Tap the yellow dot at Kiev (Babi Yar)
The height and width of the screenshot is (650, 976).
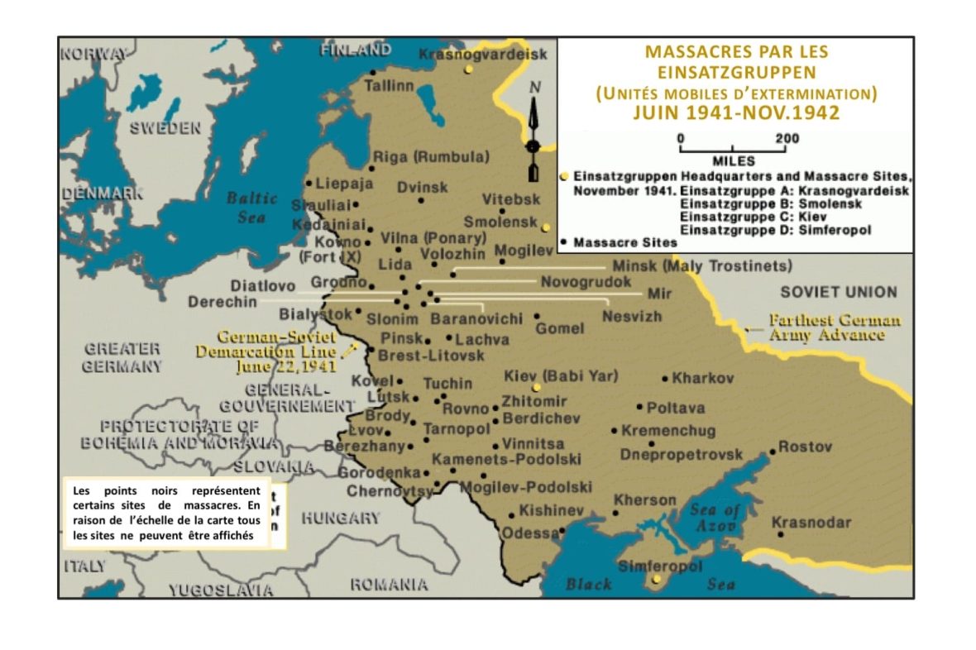[536, 387]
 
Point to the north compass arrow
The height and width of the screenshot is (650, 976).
[533, 132]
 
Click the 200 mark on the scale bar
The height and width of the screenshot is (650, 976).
[786, 138]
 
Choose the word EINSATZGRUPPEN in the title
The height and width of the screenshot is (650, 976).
[736, 72]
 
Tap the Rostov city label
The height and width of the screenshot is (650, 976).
[805, 447]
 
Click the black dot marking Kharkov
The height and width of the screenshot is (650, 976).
[665, 379]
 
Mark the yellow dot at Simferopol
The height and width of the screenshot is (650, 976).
[657, 580]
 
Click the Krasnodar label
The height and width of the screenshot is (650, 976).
[811, 523]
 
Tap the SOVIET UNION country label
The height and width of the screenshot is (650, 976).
[838, 292]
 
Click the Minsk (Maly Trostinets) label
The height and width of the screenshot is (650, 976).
[701, 266]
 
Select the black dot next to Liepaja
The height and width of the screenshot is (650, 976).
[309, 183]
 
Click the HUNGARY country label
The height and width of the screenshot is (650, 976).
[340, 519]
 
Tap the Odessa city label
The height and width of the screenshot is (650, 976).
[529, 533]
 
